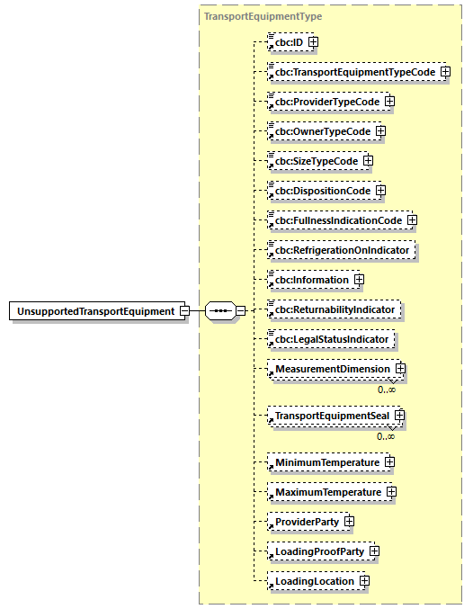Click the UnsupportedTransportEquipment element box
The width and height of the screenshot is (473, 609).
[x=95, y=311]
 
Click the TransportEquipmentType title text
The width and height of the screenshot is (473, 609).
[x=263, y=16]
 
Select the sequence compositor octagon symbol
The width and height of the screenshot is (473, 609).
[x=220, y=311]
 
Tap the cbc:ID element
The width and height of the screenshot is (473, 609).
[x=288, y=41]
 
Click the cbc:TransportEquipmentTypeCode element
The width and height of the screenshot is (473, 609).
[x=354, y=72]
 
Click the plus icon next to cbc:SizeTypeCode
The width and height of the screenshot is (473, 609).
[x=368, y=161]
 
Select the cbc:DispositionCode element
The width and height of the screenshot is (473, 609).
[x=321, y=191]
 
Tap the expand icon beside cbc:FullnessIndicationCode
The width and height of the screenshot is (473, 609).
[x=412, y=220]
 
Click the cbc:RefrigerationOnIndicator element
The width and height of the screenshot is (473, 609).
[x=343, y=250]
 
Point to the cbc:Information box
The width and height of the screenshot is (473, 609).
[x=311, y=280]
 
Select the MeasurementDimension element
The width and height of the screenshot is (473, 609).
[x=332, y=369]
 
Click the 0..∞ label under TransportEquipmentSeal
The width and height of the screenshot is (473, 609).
[x=386, y=436]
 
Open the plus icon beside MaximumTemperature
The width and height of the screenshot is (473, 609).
[x=391, y=492]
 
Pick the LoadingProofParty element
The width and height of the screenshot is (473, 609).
[x=317, y=551]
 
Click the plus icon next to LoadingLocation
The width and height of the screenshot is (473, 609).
[x=364, y=581]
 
